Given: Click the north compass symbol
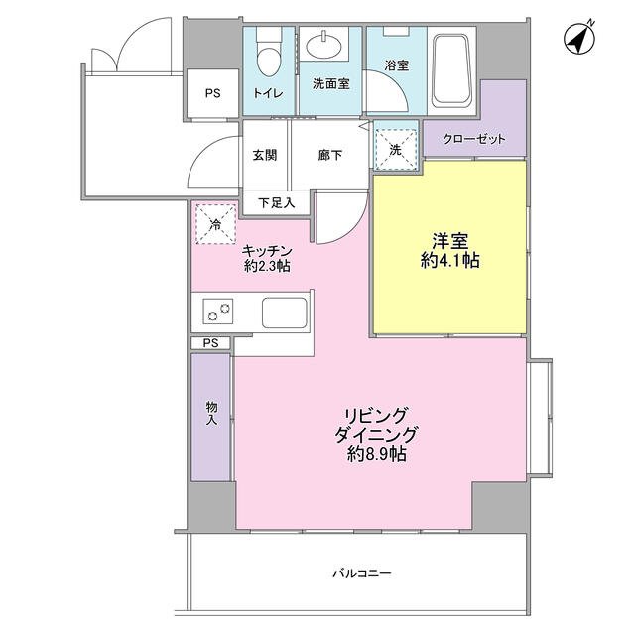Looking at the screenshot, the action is [579, 39].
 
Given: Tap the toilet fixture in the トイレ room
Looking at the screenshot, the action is [269, 53].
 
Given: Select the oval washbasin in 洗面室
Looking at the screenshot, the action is [323, 47].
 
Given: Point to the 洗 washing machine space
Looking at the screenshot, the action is [396, 149].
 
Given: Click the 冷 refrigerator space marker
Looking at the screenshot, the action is [215, 224].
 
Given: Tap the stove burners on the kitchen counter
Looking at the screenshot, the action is [218, 312].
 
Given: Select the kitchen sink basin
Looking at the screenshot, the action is [285, 313].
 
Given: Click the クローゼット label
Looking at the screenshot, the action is [474, 139].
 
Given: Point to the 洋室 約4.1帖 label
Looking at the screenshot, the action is [450, 251].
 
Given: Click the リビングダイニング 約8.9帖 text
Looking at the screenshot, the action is [376, 435].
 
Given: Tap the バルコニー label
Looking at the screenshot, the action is [362, 573].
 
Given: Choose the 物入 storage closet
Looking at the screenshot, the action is [211, 417].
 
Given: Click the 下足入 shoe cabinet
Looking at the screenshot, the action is [277, 202].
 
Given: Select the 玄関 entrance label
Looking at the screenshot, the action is [265, 155].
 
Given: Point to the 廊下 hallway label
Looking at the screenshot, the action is [330, 155].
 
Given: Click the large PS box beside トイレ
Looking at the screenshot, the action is [212, 93].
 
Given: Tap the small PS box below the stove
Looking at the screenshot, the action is [210, 343].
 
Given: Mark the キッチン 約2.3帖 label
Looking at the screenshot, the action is [267, 258].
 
